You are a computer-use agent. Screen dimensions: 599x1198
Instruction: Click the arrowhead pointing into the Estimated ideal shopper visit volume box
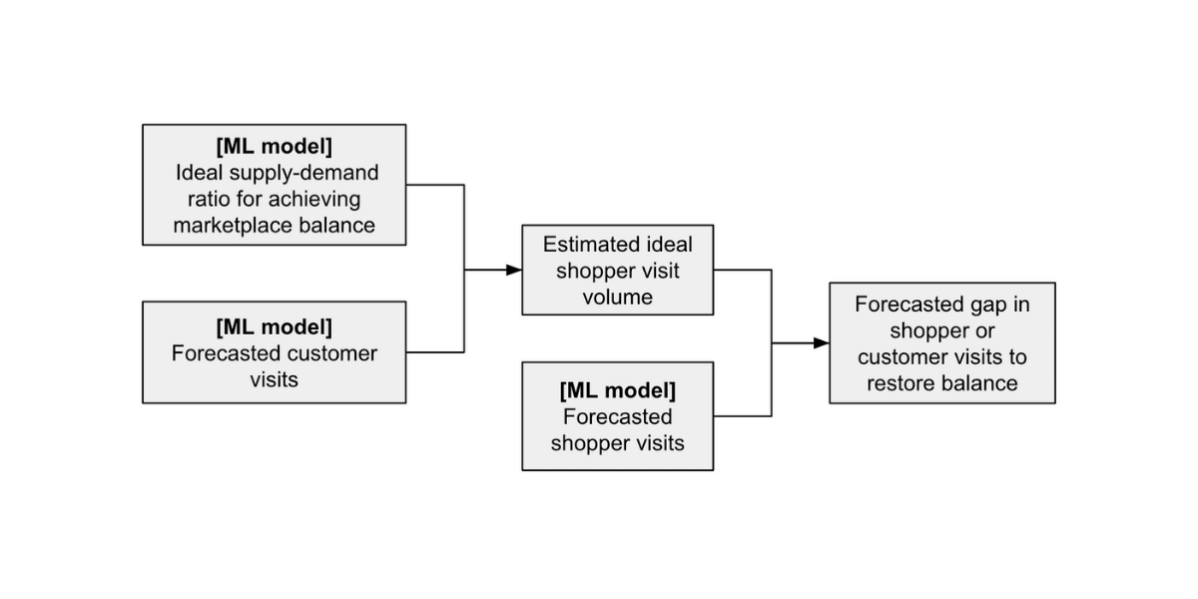tap(514, 270)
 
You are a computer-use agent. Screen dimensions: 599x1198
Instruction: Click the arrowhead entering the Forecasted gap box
tap(822, 342)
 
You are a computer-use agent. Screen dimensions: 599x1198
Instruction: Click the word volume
tap(617, 297)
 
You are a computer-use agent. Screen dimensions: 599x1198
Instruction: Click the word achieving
tap(313, 199)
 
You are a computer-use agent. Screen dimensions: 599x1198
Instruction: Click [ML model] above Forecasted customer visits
tap(274, 326)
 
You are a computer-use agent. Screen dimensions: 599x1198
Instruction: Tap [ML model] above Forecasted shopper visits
tap(617, 388)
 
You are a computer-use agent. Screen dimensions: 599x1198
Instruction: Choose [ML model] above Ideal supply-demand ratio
tap(274, 146)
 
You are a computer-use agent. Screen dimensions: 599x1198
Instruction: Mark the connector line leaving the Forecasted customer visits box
tap(435, 351)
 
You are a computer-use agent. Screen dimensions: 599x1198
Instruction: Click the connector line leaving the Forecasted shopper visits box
tap(742, 415)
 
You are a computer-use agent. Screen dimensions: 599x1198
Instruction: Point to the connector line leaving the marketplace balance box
tap(435, 185)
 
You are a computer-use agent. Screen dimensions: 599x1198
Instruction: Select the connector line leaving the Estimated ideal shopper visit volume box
tap(742, 270)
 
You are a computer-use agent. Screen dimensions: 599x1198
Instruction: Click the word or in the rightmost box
tap(985, 330)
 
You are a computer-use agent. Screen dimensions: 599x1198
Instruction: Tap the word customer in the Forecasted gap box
tap(898, 356)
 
